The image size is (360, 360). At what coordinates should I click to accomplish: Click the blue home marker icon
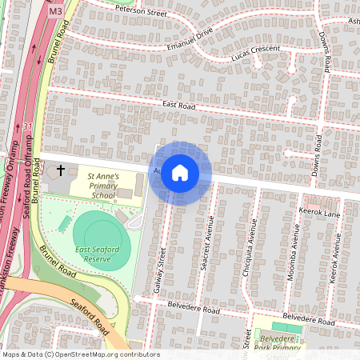coord(180,173)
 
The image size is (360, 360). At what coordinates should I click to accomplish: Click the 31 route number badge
coord(27,126)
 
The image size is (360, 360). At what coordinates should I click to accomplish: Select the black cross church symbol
coord(61,172)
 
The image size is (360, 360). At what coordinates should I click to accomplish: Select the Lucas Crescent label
coord(254,50)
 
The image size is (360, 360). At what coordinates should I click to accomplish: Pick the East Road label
coord(179,104)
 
